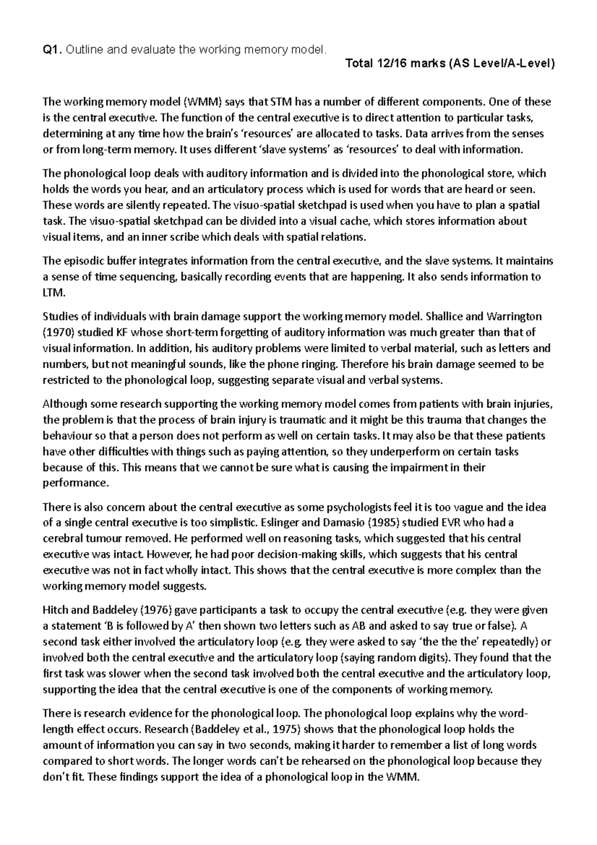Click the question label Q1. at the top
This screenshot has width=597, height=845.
[x=53, y=49]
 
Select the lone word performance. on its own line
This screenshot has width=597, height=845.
[x=75, y=483]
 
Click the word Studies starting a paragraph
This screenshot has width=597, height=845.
[x=60, y=317]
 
